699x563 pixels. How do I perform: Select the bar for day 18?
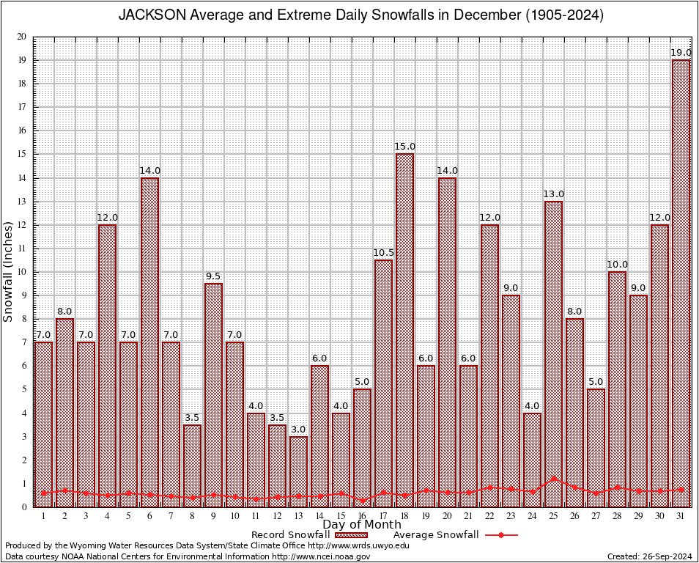(x=404, y=330)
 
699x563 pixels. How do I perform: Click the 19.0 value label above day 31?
(x=681, y=53)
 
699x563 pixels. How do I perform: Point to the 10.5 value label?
(x=383, y=253)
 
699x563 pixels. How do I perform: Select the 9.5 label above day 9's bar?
(x=213, y=276)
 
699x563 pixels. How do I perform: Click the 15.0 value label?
(x=404, y=147)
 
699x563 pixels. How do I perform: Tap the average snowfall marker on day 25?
(x=553, y=479)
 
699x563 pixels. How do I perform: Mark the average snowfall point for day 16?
(x=362, y=501)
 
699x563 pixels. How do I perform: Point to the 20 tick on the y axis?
(x=21, y=37)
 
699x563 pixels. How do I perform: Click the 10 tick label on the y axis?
(x=21, y=272)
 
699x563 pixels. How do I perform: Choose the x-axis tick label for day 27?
(x=596, y=516)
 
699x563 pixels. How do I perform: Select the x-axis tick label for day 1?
(x=43, y=516)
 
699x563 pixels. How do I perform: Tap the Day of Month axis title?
(x=361, y=525)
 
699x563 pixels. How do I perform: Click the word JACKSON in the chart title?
(x=149, y=15)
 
